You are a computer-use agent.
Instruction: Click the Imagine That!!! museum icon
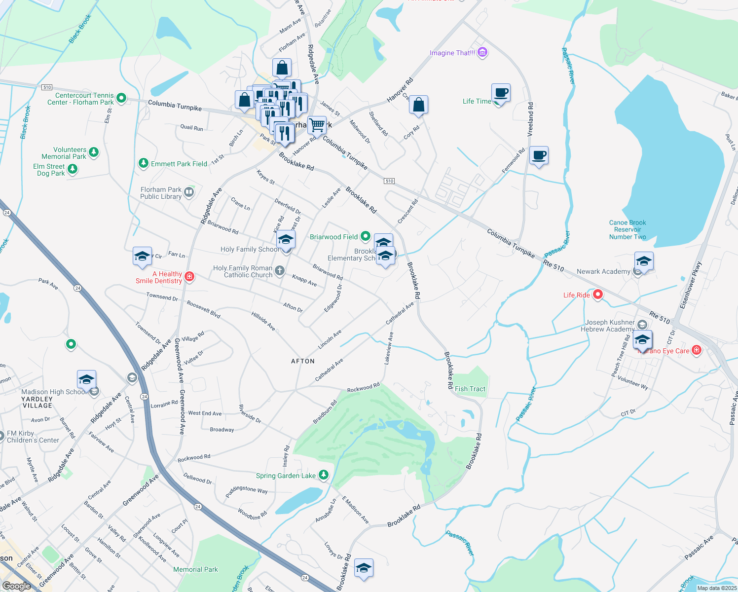pyautogui.click(x=482, y=52)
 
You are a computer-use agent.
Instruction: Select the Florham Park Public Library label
pyautogui.click(x=161, y=193)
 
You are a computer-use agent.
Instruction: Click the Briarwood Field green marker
pyautogui.click(x=365, y=237)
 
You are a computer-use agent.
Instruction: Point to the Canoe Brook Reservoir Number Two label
pyautogui.click(x=627, y=230)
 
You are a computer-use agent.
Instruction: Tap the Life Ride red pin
pyautogui.click(x=598, y=295)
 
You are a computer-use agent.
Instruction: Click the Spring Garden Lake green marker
pyautogui.click(x=324, y=475)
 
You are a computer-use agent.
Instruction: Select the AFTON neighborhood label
pyautogui.click(x=303, y=361)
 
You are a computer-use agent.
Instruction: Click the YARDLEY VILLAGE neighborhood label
pyautogui.click(x=37, y=402)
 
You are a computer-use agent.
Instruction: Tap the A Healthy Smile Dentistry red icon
pyautogui.click(x=189, y=277)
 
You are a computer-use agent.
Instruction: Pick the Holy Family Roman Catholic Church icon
pyautogui.click(x=280, y=270)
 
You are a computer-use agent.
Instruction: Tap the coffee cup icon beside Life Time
pyautogui.click(x=501, y=93)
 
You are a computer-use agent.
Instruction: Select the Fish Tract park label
pyautogui.click(x=470, y=389)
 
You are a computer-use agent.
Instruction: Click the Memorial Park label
pyautogui.click(x=195, y=569)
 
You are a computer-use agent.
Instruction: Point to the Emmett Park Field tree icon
pyautogui.click(x=144, y=163)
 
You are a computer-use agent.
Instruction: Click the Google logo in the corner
pyautogui.click(x=16, y=586)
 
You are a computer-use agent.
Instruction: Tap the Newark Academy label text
pyautogui.click(x=603, y=271)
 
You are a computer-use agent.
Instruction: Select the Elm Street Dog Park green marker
pyautogui.click(x=73, y=169)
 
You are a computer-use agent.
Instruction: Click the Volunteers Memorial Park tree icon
pyautogui.click(x=94, y=152)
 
